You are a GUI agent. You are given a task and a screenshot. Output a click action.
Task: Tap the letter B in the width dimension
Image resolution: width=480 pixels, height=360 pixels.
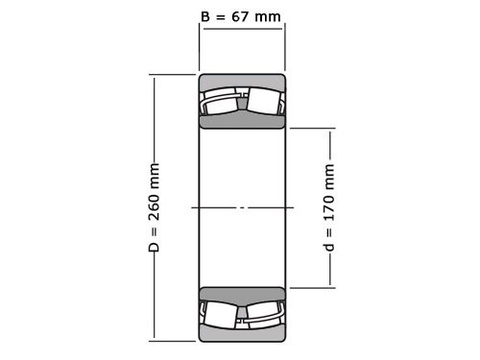[x=204, y=17]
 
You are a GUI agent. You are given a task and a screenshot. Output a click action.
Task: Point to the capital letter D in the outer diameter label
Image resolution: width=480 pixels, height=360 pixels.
[x=154, y=247]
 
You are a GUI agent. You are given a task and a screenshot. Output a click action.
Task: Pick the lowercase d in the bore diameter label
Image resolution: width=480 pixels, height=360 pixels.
[x=330, y=248]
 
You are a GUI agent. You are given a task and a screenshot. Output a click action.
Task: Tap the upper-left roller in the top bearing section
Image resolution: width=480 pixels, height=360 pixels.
[x=221, y=102]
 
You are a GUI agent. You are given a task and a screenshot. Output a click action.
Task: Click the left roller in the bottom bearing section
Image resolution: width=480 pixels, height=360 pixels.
[x=221, y=313]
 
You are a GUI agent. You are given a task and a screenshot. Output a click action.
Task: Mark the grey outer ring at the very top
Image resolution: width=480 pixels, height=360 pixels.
[x=242, y=80]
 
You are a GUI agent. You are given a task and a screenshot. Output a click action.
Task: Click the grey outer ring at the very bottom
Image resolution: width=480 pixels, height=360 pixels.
[x=242, y=335]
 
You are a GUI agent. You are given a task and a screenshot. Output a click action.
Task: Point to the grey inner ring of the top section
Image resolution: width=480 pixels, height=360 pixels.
[x=242, y=121]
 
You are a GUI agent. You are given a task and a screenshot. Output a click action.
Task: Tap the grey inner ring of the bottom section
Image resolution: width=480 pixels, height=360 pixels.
[x=242, y=294]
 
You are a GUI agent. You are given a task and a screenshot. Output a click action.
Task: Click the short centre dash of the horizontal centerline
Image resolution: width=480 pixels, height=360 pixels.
[x=242, y=207]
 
